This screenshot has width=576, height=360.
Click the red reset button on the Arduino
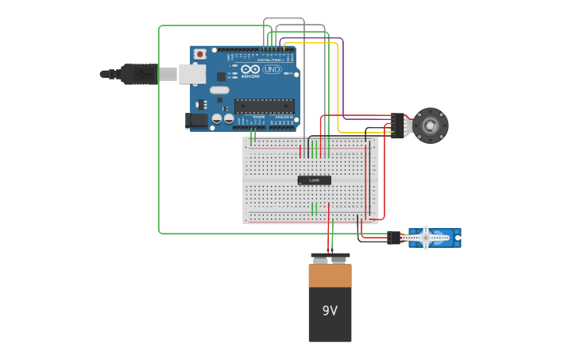pyautogui.click(x=199, y=54)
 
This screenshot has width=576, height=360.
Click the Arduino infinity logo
pyautogui.click(x=250, y=69)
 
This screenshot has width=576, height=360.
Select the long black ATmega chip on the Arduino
pyautogui.click(x=264, y=106)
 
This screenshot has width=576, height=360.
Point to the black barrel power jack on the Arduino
pyautogui.click(x=195, y=120)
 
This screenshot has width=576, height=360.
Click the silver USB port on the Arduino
pyautogui.click(x=191, y=74)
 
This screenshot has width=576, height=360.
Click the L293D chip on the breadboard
pyautogui.click(x=314, y=180)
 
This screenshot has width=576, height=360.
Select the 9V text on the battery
pyautogui.click(x=330, y=311)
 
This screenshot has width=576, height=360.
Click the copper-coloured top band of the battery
pyautogui.click(x=330, y=276)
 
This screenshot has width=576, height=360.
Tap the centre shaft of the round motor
pyautogui.click(x=430, y=126)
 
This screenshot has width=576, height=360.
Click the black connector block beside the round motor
pyautogui.click(x=396, y=126)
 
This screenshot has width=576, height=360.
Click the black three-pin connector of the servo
pyautogui.click(x=394, y=238)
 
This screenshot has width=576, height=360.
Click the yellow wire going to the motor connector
pyautogui.click(x=338, y=87)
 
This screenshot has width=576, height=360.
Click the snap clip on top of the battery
pyautogui.click(x=330, y=257)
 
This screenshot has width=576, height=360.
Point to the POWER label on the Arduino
pyautogui.click(x=258, y=116)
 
